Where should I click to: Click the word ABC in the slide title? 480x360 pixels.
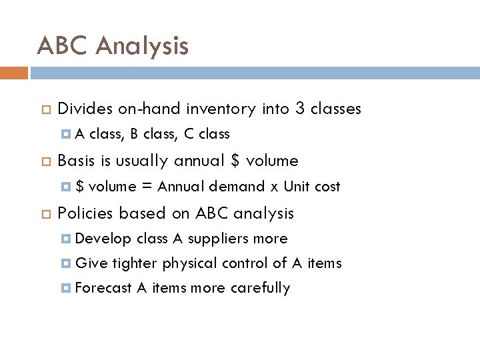click(63, 46)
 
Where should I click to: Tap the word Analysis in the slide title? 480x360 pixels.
click(143, 46)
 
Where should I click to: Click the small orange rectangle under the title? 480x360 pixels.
click(14, 73)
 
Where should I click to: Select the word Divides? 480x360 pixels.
click(85, 109)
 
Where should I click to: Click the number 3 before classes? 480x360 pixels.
click(299, 109)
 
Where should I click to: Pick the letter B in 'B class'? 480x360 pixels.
click(134, 134)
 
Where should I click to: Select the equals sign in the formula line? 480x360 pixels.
click(147, 187)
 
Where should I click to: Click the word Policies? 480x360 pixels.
click(85, 213)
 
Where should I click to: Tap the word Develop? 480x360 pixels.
click(103, 239)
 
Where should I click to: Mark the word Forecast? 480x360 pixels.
click(103, 288)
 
